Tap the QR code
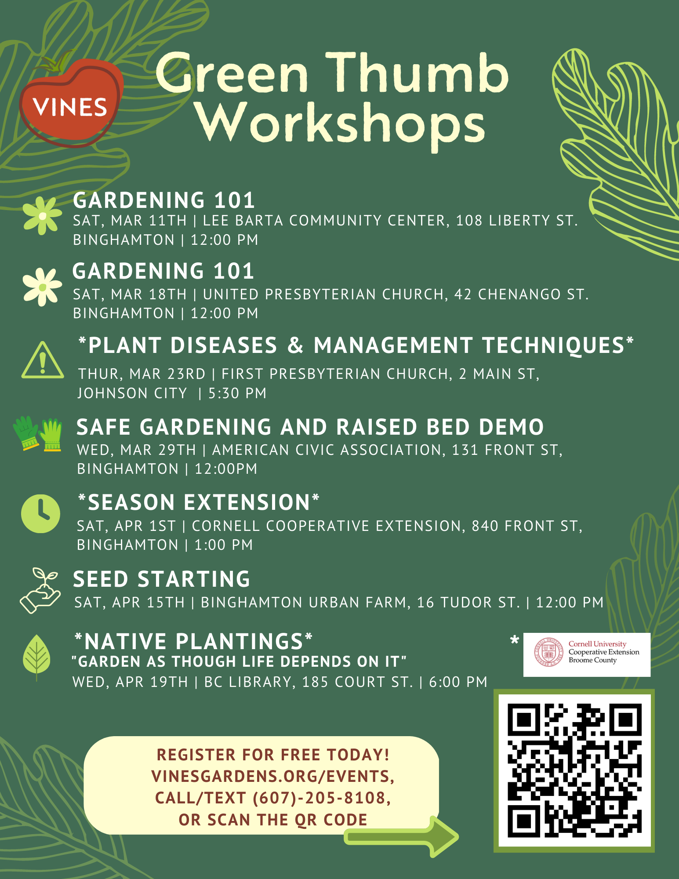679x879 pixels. tap(574, 770)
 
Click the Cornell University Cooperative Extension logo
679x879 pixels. tap(587, 654)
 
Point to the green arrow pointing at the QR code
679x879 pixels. tap(401, 836)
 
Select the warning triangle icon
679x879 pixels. tap(43, 360)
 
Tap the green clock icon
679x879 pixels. tap(40, 514)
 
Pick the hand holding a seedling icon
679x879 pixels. tap(40, 590)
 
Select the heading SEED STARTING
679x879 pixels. tap(162, 579)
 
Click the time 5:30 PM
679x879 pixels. tap(237, 393)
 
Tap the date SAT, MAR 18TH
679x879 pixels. tap(130, 294)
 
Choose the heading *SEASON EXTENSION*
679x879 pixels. tap(199, 502)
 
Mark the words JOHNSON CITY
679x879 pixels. tap(132, 393)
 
